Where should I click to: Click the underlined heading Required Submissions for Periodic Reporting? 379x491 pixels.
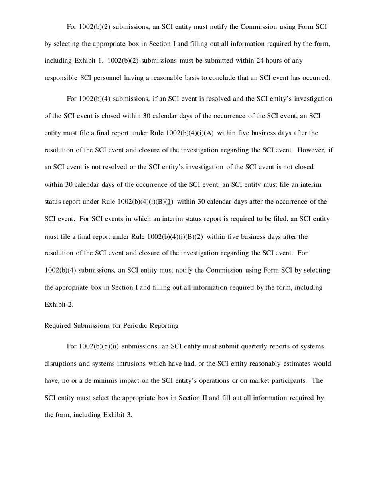click(111, 325)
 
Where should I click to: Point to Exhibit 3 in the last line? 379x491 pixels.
click(118, 414)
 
